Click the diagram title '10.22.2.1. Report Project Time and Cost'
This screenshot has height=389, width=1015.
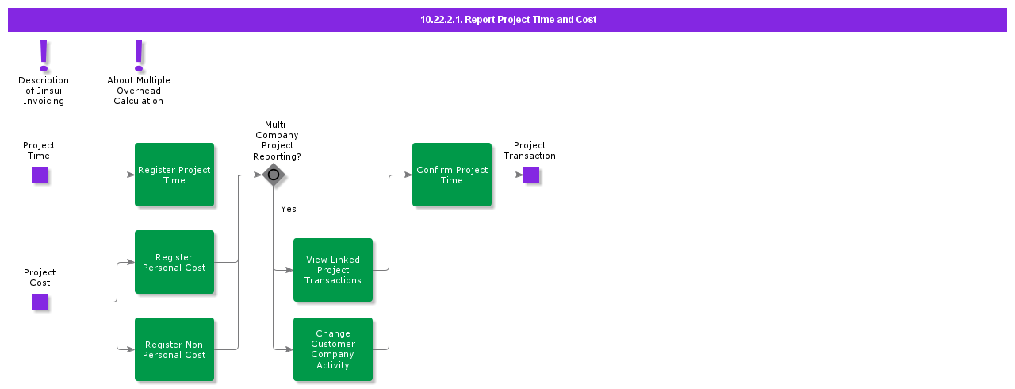[507, 20]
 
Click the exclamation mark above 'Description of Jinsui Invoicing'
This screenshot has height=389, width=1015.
[44, 55]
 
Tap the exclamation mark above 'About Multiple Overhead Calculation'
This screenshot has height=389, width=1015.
[139, 55]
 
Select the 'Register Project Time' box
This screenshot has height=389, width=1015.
[174, 175]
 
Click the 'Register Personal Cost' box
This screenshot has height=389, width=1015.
[174, 262]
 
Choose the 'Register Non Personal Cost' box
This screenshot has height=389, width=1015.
[174, 349]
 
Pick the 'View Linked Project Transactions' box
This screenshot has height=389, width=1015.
[333, 270]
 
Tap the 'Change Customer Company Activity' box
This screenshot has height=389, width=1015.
[333, 349]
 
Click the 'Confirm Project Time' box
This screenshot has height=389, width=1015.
[452, 175]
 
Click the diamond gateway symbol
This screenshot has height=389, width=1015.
[274, 175]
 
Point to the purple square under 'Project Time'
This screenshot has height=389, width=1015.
[40, 175]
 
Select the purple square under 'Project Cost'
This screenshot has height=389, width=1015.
[40, 302]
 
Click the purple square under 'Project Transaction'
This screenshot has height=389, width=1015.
[531, 175]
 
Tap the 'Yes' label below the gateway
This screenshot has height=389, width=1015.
[289, 209]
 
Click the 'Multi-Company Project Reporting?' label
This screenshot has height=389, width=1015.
[277, 141]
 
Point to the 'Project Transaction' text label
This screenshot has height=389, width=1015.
[530, 151]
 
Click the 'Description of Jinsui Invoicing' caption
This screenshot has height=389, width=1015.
[44, 91]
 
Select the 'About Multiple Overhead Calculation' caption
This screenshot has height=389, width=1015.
[139, 91]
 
